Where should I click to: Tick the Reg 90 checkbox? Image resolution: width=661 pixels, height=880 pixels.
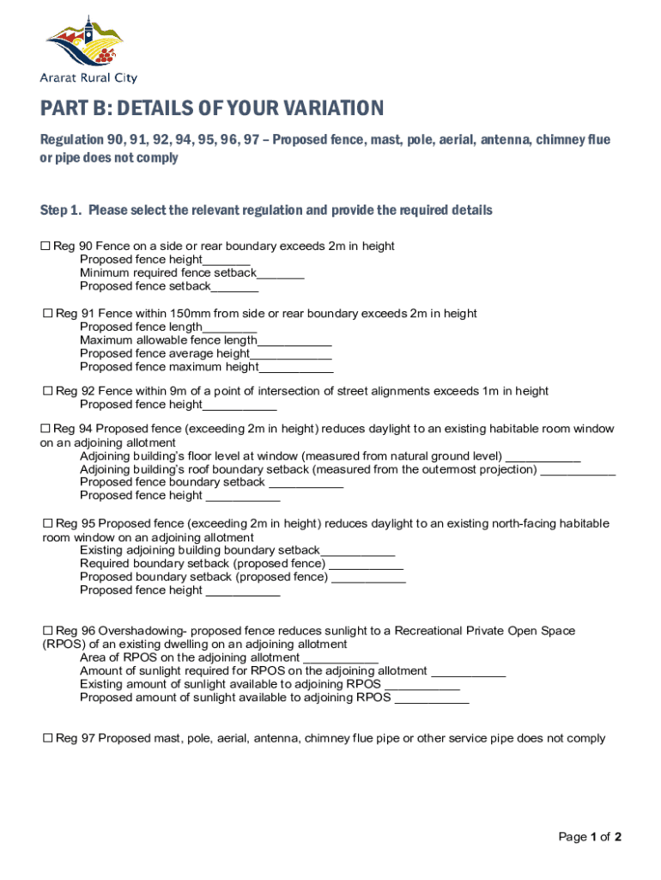pyautogui.click(x=45, y=247)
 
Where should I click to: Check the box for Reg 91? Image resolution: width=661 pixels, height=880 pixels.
pyautogui.click(x=48, y=314)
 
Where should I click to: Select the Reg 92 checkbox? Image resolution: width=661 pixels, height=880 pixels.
pyautogui.click(x=48, y=391)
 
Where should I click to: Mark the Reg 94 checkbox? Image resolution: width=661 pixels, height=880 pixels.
pyautogui.click(x=45, y=429)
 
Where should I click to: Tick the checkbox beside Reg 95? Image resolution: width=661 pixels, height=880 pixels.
pyautogui.click(x=48, y=523)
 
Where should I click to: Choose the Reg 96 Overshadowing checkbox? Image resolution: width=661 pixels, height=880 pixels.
pyautogui.click(x=48, y=631)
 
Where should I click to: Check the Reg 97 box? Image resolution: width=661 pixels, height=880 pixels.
pyautogui.click(x=48, y=738)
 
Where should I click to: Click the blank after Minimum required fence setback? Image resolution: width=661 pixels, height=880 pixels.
pyautogui.click(x=281, y=274)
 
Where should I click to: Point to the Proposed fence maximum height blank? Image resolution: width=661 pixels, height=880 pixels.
pyautogui.click(x=296, y=368)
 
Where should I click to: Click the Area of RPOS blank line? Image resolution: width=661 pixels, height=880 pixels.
pyautogui.click(x=341, y=658)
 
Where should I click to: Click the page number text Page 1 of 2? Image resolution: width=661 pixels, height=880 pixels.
pyautogui.click(x=590, y=837)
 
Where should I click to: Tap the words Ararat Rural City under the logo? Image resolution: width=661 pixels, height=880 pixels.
pyautogui.click(x=88, y=77)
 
